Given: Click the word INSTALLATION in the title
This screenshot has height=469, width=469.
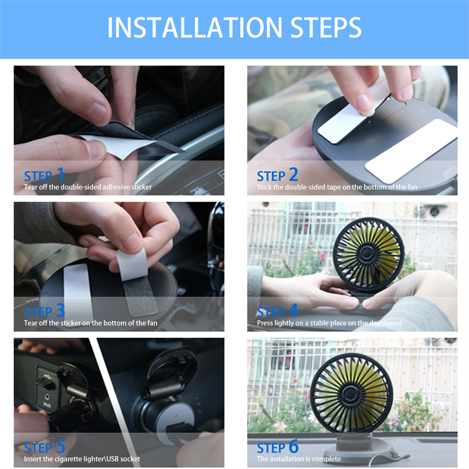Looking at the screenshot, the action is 195,28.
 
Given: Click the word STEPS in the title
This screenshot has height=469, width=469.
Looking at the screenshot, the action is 326,28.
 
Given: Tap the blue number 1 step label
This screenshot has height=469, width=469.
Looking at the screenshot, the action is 60,174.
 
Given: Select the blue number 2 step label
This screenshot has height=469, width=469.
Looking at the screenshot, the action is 294,174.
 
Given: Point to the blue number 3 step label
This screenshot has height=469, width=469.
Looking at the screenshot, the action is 60,310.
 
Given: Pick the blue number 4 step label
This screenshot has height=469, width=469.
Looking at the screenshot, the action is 294,310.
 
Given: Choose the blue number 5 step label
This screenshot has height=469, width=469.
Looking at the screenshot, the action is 61,446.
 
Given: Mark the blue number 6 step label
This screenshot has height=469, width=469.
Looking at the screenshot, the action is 294,446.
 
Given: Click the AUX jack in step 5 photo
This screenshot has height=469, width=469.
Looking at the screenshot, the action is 47,397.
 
